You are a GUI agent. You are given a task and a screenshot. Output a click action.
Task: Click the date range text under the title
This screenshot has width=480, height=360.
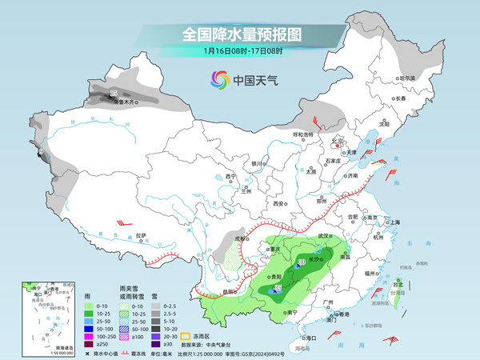(241, 52)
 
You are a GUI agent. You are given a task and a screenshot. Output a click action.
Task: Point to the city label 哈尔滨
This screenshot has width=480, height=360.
(408, 78)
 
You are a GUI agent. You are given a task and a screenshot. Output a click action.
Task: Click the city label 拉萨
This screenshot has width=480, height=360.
(142, 235)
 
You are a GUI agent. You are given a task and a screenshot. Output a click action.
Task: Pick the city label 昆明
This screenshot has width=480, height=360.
(230, 291)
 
